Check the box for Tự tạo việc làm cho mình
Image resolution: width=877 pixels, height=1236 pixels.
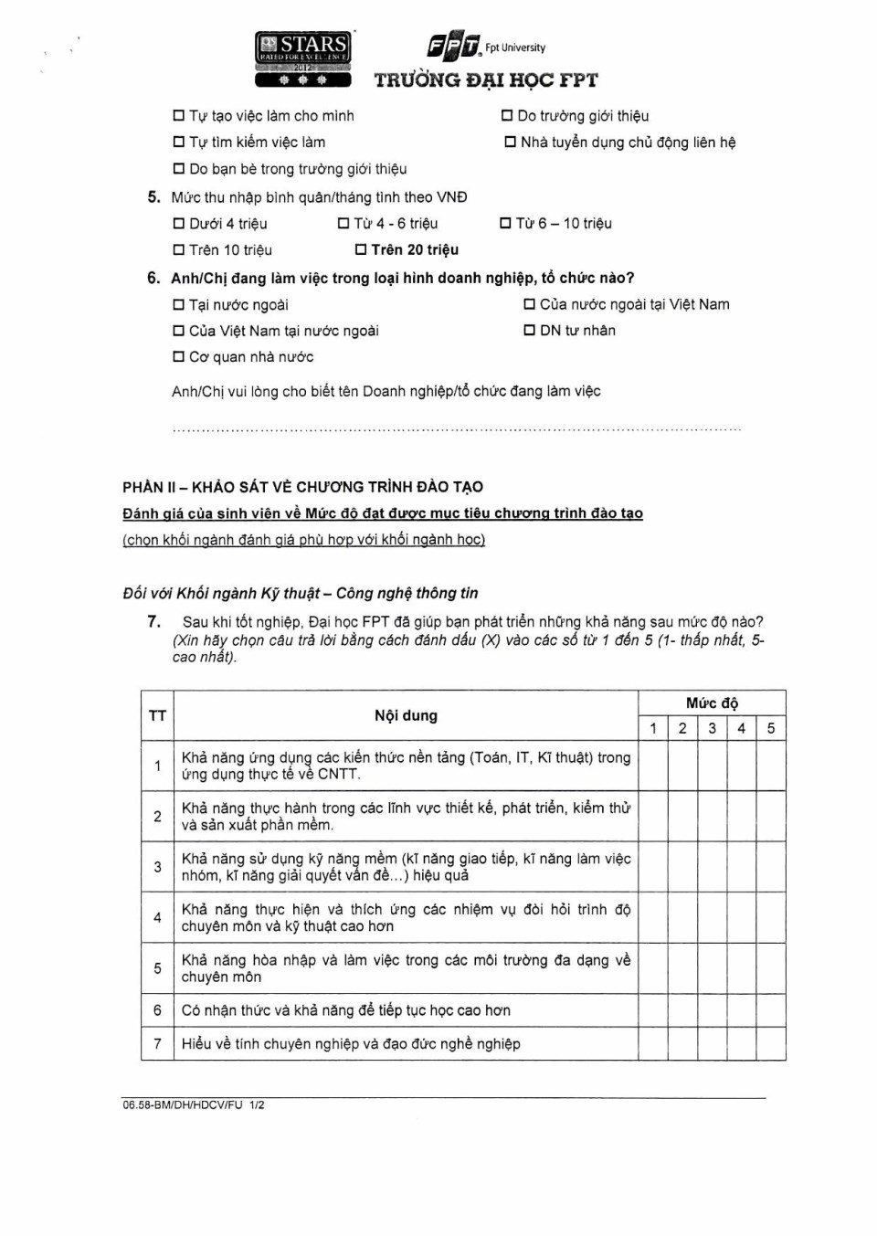tap(179, 116)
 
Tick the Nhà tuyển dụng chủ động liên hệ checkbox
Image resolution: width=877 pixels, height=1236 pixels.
tap(511, 143)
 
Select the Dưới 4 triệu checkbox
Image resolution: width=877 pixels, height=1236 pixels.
tap(179, 224)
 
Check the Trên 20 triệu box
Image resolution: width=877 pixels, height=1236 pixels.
tap(361, 249)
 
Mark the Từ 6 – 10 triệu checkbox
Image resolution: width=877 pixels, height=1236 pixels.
tap(505, 223)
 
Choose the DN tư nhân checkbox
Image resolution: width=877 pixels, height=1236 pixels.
tap(529, 331)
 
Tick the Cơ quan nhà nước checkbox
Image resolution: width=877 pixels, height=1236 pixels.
tap(179, 357)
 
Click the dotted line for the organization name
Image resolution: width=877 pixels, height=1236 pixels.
tap(457, 428)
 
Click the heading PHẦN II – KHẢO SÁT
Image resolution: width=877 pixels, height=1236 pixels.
tap(302, 487)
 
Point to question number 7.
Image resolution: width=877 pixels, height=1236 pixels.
tap(154, 621)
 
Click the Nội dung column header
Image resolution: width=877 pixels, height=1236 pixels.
tap(406, 715)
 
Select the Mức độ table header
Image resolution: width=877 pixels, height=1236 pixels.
tap(712, 703)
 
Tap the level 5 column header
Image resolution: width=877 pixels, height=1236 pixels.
tap(771, 728)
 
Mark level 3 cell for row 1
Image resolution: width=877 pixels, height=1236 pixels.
tap(712, 766)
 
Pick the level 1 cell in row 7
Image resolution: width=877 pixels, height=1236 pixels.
tap(653, 1043)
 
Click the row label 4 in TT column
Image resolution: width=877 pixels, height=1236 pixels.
tap(157, 917)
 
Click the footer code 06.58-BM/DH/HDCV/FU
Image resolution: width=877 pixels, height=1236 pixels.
tap(184, 1105)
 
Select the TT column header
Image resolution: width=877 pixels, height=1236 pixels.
tap(157, 715)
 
